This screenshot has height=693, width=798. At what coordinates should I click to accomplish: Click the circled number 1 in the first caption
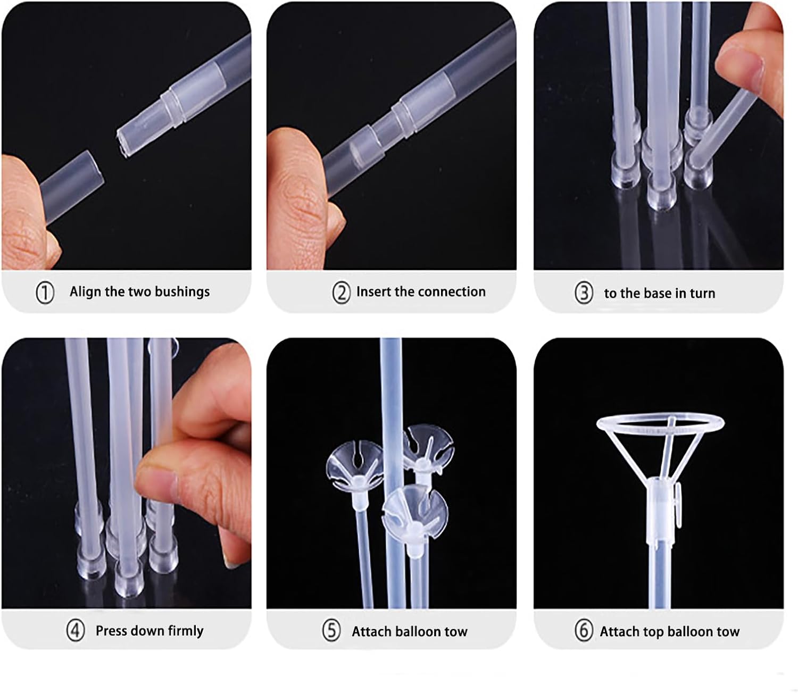click(x=45, y=293)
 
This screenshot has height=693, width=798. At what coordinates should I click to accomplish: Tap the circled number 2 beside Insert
click(x=341, y=293)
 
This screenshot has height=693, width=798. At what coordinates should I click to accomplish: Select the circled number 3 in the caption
click(x=584, y=293)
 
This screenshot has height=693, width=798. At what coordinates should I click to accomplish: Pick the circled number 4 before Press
click(x=75, y=631)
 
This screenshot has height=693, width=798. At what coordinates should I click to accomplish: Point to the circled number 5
click(x=331, y=631)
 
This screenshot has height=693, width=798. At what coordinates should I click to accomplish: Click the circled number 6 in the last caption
click(x=584, y=631)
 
